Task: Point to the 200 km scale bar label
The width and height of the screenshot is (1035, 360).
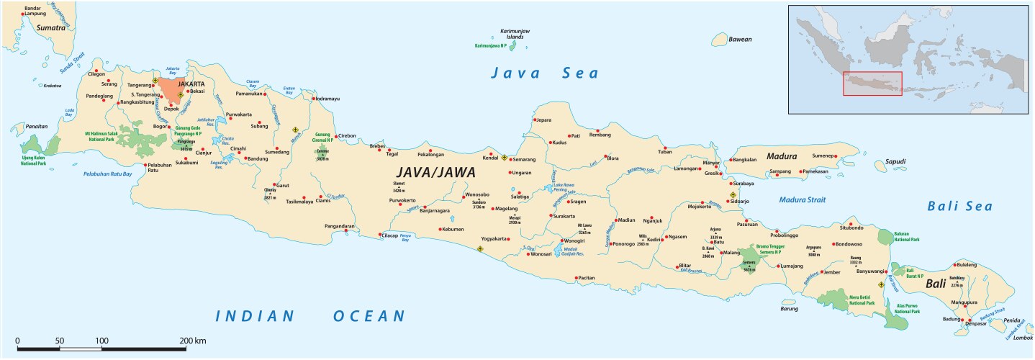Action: pyautogui.click(x=193, y=340)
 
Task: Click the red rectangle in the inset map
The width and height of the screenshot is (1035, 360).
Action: pyautogui.click(x=872, y=84)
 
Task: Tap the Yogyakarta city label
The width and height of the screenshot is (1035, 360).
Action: pyautogui.click(x=497, y=238)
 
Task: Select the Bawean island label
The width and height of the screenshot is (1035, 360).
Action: pyautogui.click(x=741, y=39)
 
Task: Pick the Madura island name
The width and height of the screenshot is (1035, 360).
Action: pyautogui.click(x=781, y=156)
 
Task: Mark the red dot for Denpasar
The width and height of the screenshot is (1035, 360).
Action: pyautogui.click(x=969, y=320)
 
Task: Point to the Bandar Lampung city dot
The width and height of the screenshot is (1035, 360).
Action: pyautogui.click(x=22, y=14)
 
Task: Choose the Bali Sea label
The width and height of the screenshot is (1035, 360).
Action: pyautogui.click(x=959, y=207)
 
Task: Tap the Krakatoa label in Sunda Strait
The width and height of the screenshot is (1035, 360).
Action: pyautogui.click(x=52, y=86)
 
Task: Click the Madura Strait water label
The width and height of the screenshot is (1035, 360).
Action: pyautogui.click(x=803, y=199)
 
